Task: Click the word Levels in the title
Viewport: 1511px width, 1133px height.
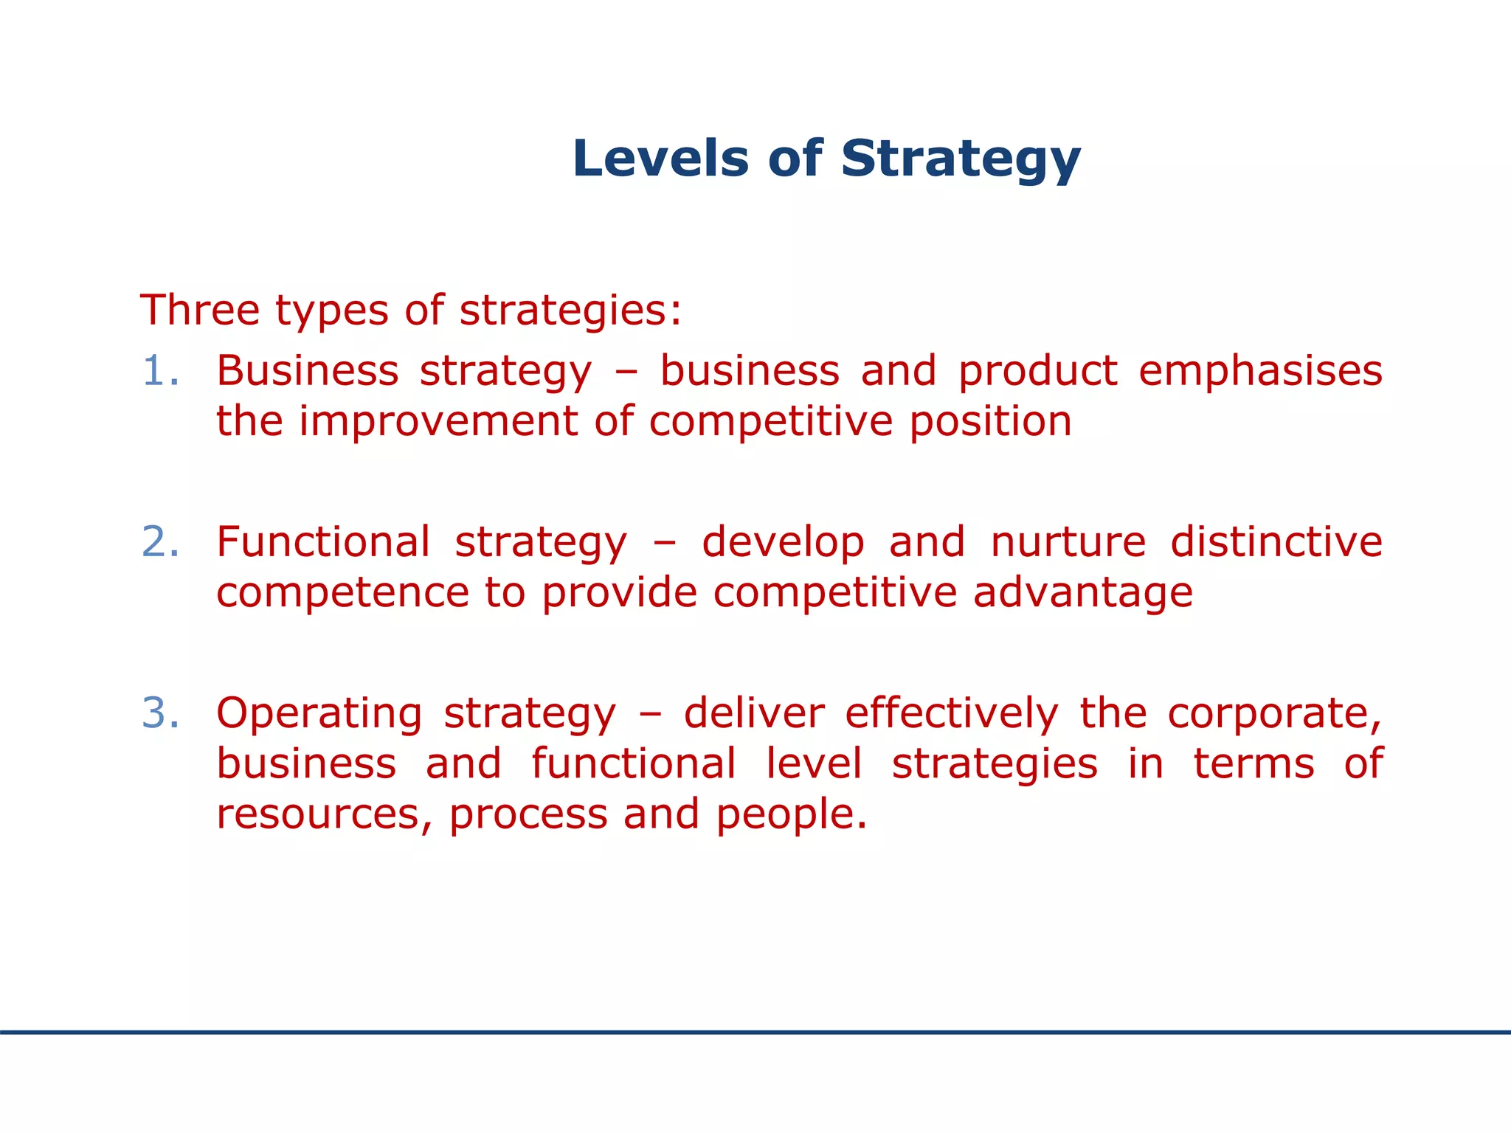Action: pyautogui.click(x=660, y=159)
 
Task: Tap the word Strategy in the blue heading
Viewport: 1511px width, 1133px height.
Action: pyautogui.click(x=961, y=160)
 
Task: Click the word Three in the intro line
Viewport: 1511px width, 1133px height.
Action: pyautogui.click(x=199, y=310)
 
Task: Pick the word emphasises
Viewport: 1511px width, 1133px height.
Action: pyautogui.click(x=1260, y=371)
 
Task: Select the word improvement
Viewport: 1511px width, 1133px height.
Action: pyautogui.click(x=438, y=423)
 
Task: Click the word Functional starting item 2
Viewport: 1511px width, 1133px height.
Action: pyautogui.click(x=323, y=542)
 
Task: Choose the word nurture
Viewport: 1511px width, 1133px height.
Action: pyautogui.click(x=1068, y=542)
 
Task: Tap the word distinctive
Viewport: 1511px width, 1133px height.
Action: pyautogui.click(x=1276, y=542)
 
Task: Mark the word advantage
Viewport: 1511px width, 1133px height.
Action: pyautogui.click(x=1082, y=594)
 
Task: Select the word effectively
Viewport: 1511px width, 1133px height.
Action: pyautogui.click(x=951, y=713)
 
